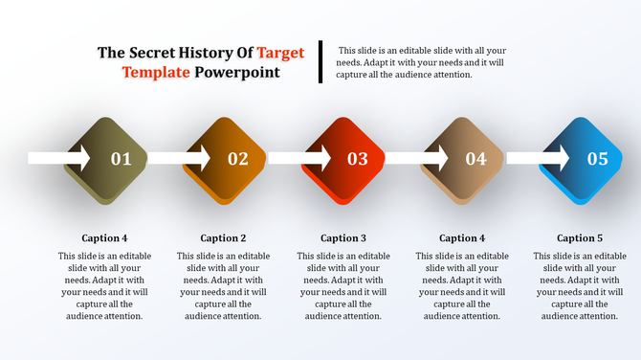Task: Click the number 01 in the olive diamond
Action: [x=122, y=159]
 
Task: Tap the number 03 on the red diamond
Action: [x=358, y=159]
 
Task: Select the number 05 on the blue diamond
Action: [x=597, y=159]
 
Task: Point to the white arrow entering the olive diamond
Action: [x=58, y=157]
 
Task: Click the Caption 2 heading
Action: [x=223, y=237]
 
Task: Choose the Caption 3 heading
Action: [x=343, y=237]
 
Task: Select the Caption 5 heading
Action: [x=580, y=237]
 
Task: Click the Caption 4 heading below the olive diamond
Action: [x=104, y=237]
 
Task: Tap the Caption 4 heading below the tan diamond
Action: [x=462, y=237]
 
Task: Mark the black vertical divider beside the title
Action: [x=320, y=61]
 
